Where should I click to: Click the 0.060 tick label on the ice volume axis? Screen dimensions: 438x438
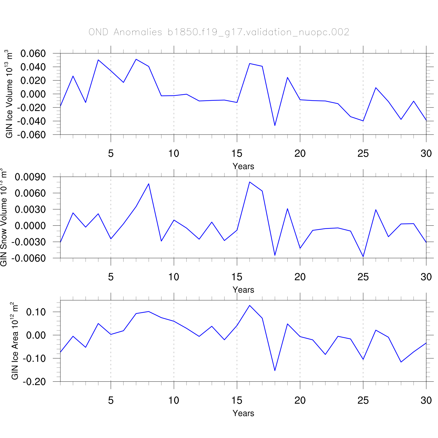click(33, 53)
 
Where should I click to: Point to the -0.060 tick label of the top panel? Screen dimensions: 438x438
click(32, 135)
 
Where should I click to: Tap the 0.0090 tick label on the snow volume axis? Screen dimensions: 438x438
click(30, 177)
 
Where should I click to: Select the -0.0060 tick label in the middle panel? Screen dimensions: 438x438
click(29, 258)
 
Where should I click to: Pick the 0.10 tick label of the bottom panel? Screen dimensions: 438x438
click(36, 312)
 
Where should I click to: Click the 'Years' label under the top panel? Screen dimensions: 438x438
click(243, 166)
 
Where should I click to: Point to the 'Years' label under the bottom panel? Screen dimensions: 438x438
click(243, 413)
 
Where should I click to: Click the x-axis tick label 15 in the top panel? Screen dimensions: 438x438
click(237, 153)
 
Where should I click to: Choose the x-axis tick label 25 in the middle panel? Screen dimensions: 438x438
click(363, 277)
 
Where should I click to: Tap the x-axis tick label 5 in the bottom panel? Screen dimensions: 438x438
click(111, 400)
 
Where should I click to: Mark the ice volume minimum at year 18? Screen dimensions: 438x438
click(275, 126)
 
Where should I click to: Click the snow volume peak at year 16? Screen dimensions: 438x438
click(250, 182)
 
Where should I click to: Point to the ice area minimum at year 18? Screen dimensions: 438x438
click(275, 371)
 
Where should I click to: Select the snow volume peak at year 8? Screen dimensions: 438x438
click(149, 184)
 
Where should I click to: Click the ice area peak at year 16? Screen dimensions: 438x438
click(250, 305)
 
